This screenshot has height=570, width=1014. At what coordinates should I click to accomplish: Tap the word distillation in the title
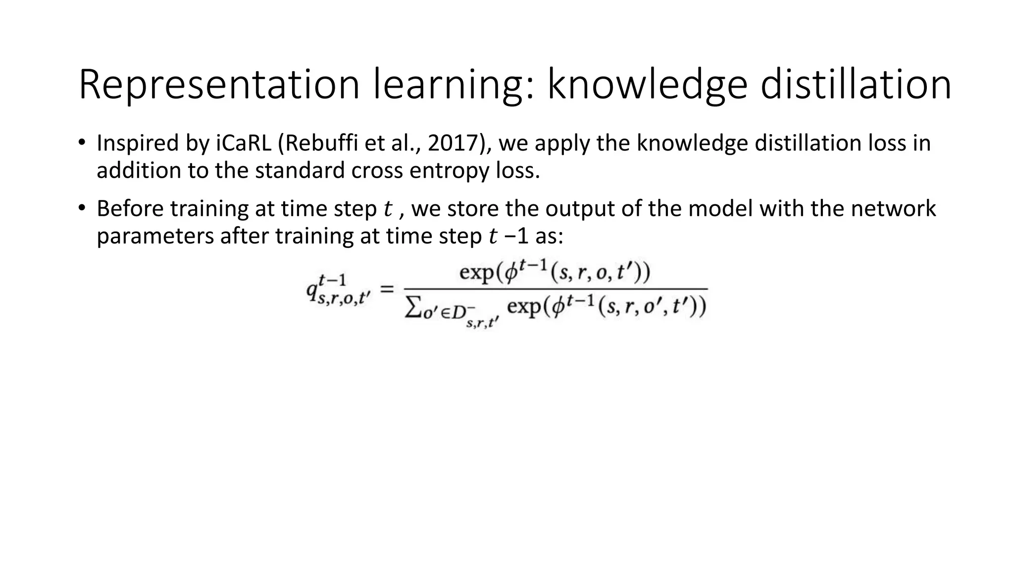pos(856,85)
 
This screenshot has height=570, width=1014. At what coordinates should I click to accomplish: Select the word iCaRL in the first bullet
pos(243,143)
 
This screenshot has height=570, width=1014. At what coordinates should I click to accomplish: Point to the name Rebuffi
pos(317,143)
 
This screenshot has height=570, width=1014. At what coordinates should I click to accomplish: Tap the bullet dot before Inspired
pos(82,143)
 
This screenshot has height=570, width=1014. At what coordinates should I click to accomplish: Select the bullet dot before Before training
pos(82,208)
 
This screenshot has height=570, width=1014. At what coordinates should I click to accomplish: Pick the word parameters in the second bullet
pos(155,237)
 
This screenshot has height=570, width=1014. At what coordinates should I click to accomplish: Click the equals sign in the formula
pos(387,289)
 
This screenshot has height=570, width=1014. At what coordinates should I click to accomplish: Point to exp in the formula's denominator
pos(523,308)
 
